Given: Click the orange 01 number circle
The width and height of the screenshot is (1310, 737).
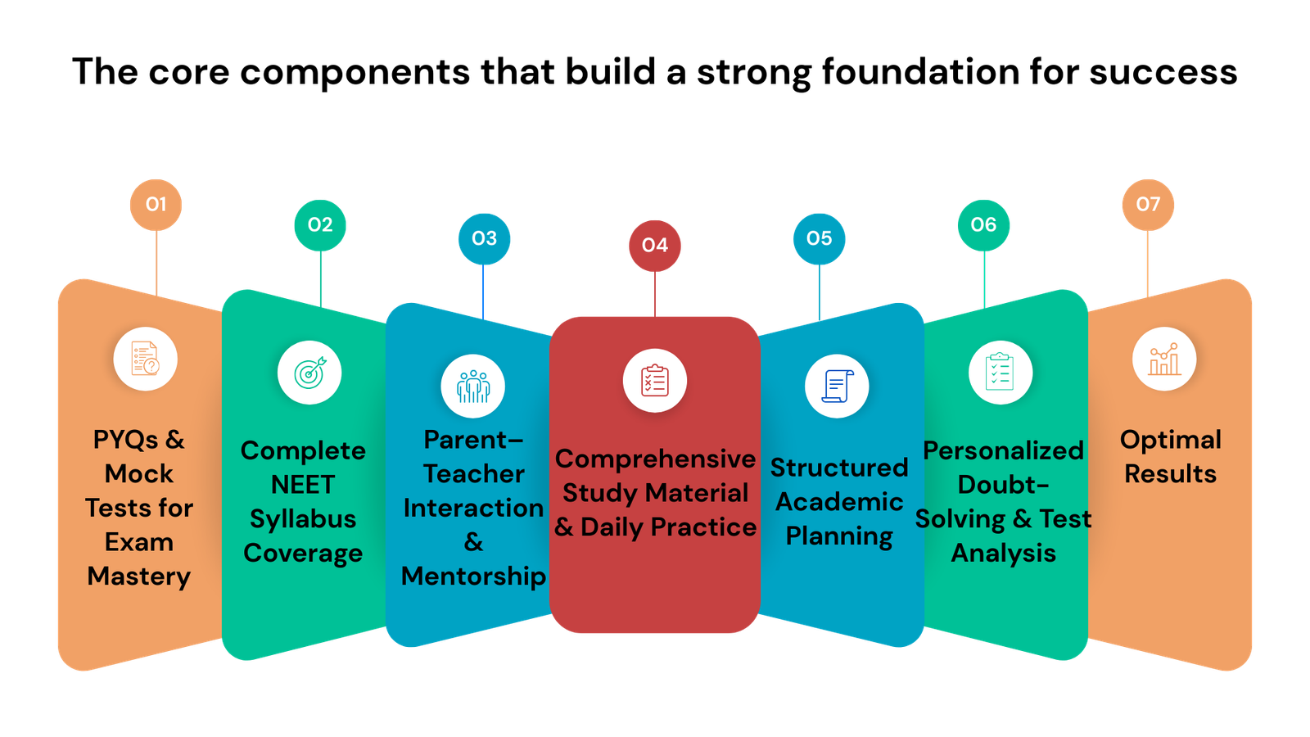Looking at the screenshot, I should tap(156, 204).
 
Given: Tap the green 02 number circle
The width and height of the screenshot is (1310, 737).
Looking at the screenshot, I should tap(320, 224).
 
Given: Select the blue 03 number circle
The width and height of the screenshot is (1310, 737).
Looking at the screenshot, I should tap(484, 238).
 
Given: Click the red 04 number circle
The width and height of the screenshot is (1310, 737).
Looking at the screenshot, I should tap(655, 245).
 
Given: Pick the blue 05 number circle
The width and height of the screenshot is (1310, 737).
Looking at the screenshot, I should tap(819, 238).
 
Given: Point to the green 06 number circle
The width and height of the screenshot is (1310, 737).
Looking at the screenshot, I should tap(983, 224).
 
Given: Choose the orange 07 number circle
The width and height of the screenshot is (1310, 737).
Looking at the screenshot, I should tap(1148, 204).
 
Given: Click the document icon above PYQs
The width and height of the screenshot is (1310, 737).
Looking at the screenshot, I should tap(146, 359).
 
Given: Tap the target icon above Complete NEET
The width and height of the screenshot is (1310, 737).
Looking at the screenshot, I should tap(309, 373).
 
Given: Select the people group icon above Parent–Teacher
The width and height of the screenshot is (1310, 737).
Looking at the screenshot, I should tap(473, 386).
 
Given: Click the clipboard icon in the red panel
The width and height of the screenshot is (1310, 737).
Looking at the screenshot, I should tap(655, 381).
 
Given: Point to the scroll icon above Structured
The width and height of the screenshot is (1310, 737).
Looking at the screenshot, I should tap(837, 386).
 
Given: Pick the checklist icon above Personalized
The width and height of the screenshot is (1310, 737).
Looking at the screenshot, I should tap(1000, 373).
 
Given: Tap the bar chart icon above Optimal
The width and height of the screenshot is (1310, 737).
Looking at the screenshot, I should tap(1164, 359).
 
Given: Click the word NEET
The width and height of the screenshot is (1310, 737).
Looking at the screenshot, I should tap(303, 485).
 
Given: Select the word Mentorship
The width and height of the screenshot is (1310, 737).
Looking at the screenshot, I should tap(473, 576).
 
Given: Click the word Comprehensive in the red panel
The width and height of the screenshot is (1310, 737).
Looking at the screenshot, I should tap(655, 459).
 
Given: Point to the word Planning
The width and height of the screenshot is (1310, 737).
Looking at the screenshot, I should tap(839, 536).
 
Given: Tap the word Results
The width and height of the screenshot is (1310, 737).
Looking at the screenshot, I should tap(1170, 474).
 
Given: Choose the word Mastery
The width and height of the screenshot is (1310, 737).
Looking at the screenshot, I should tap(139, 576).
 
